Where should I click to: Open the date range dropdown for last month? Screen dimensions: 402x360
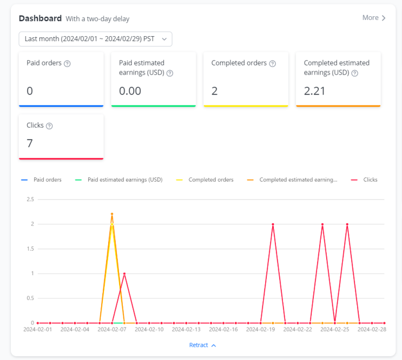95,39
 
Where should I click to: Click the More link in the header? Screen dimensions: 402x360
374,18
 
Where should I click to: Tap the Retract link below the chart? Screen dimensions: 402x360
202,345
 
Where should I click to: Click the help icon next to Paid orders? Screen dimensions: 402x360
67,63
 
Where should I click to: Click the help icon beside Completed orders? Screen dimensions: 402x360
273,63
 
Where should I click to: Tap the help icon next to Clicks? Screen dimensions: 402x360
49,126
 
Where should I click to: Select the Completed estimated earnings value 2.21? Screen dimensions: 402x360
314,91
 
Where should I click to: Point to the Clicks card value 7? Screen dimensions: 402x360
30,143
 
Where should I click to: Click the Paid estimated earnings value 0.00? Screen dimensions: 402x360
130,91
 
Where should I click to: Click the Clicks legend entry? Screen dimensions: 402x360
364,180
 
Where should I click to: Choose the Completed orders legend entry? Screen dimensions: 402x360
205,180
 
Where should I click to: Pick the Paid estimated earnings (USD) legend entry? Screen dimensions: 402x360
118,180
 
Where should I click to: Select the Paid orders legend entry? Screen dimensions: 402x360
41,180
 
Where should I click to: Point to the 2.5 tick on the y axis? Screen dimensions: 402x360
30,199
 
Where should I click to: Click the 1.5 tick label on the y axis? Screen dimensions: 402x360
30,249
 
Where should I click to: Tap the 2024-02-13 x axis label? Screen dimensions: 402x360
186,329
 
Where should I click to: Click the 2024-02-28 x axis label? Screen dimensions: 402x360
372,329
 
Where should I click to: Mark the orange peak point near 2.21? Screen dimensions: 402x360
112,214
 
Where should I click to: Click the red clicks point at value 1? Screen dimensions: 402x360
124,274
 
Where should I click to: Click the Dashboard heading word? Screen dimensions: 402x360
40,18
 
